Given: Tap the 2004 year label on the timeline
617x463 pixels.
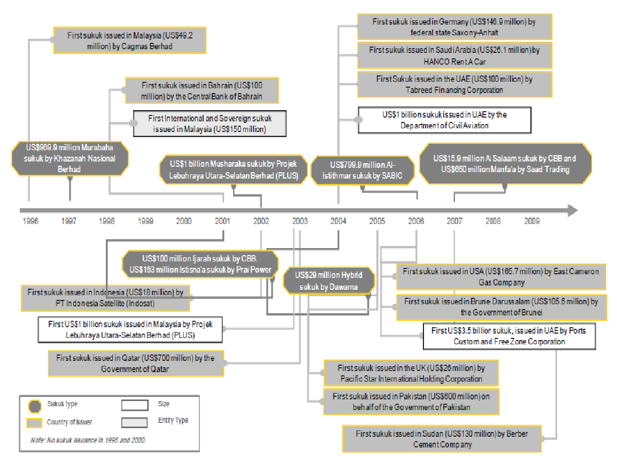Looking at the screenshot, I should point(338,220).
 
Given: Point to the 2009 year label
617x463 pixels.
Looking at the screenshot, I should point(531,220).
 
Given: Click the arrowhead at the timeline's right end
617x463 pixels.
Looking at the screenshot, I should point(572,210).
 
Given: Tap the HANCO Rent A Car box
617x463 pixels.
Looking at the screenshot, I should point(454,55).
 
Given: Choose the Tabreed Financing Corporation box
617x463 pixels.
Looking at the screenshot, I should point(454,84).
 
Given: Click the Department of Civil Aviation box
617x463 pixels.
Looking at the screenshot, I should point(444,120).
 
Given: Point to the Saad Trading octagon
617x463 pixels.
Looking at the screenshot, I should point(505,164).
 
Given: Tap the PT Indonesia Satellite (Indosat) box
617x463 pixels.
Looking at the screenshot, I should point(105,298).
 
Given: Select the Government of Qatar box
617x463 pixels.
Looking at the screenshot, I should point(137,364).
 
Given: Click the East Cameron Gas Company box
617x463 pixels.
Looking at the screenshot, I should point(501,277).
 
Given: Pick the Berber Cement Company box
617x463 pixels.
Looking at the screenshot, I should point(442,438).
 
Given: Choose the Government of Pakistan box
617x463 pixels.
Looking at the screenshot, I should point(411,402).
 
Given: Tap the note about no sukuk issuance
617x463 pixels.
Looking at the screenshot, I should point(89,439).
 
